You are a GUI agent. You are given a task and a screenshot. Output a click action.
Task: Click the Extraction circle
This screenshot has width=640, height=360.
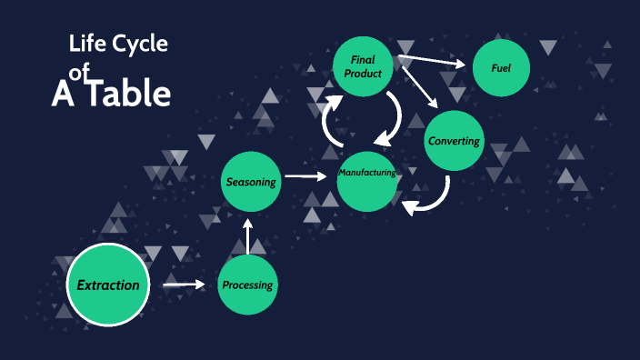tap(107, 285)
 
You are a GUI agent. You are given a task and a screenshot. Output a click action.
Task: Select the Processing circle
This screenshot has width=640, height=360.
tap(247, 285)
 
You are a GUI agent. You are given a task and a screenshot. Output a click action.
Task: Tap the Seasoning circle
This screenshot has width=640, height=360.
tap(251, 182)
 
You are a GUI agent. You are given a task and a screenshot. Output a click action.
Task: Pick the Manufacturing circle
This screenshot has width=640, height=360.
tap(367, 175)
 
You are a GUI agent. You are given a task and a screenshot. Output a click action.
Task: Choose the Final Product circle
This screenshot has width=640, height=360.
tap(363, 66)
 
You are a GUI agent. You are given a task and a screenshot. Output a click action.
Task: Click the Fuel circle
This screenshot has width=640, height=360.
tap(501, 68)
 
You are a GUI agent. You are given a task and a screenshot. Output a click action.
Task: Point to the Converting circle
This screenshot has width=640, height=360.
tap(455, 141)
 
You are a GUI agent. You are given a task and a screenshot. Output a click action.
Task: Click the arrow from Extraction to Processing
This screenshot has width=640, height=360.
tap(184, 285)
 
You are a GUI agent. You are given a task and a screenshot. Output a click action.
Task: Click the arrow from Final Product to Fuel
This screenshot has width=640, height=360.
tap(433, 63)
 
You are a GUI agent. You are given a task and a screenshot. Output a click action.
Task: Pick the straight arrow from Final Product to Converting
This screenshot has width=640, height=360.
tap(419, 85)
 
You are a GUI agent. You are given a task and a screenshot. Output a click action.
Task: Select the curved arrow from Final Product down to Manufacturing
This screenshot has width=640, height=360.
tap(393, 116)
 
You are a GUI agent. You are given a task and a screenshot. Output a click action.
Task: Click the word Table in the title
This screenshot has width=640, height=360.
tap(126, 94)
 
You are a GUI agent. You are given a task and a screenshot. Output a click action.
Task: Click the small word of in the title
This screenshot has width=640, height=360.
tap(81, 79)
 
